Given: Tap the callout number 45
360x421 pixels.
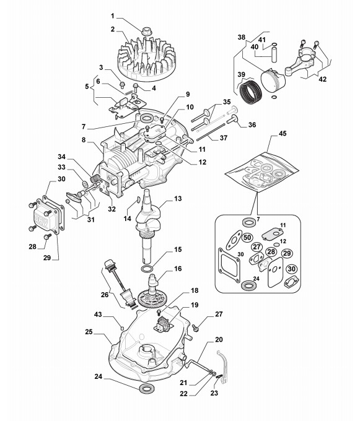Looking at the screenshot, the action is coord(283,134).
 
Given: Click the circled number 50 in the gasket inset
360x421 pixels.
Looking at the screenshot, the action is coord(247,237).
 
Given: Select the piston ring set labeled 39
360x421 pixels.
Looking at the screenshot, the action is coord(250,92).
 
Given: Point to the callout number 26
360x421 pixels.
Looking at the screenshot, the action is coord(105,295).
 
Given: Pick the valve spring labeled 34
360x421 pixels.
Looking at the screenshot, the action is coord(95,178).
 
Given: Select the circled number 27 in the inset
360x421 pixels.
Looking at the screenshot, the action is coord(257,247).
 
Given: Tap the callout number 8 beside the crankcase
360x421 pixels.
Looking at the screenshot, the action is coord(84,140).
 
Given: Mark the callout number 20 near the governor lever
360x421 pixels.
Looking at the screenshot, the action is coord(219,340).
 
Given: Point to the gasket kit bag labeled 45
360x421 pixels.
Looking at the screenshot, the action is coord(261,172).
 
